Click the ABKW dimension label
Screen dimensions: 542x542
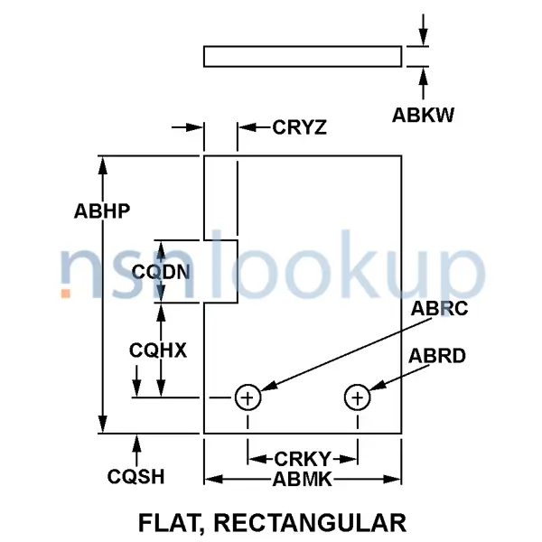click(x=423, y=115)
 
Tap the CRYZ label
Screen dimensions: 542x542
click(x=299, y=127)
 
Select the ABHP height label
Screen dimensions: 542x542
click(x=103, y=212)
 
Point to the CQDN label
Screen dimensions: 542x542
click(x=160, y=270)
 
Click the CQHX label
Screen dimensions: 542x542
click(x=157, y=350)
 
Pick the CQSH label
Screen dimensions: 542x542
click(x=135, y=475)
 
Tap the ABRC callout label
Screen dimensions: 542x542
click(x=440, y=309)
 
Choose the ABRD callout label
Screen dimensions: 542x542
click(x=437, y=356)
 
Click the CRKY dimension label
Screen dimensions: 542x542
click(x=303, y=458)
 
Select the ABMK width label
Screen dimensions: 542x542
click(x=303, y=480)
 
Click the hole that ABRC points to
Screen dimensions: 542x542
click(x=248, y=397)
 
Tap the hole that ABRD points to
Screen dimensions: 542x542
click(x=358, y=397)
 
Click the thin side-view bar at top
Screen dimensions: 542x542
click(x=303, y=57)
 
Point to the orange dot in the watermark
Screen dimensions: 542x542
click(x=65, y=293)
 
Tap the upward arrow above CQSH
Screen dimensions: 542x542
click(x=137, y=442)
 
